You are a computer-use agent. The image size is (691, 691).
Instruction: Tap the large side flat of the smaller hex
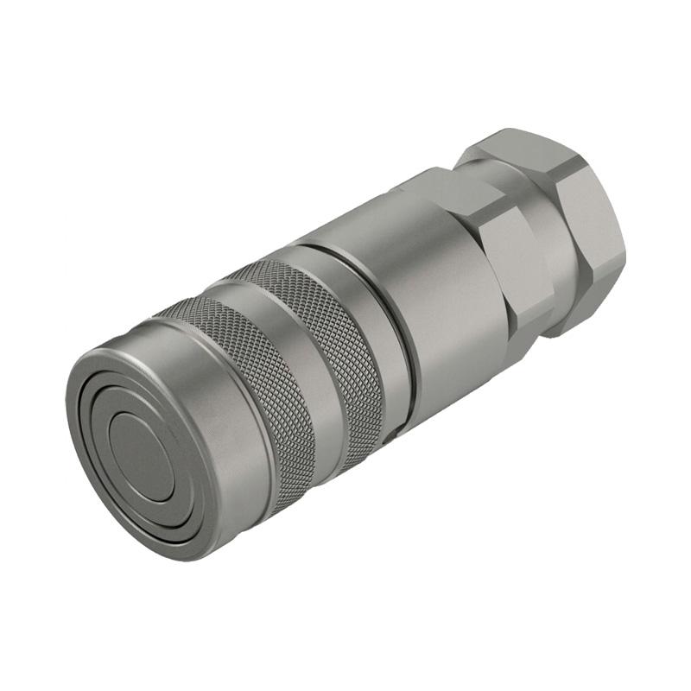(x=518, y=259)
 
